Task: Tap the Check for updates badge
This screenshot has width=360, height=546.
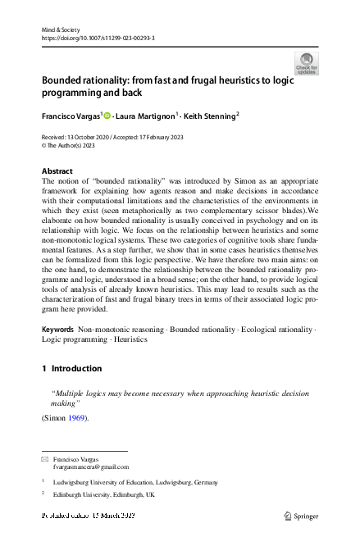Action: coord(305,64)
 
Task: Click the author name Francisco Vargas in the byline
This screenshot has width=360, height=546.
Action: coord(71,116)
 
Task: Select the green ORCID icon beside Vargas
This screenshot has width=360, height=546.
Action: coord(107,116)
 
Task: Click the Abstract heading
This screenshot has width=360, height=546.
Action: coord(57,171)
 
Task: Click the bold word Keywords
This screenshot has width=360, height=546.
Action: coord(57,329)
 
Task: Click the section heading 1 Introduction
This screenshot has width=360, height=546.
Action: coord(71,369)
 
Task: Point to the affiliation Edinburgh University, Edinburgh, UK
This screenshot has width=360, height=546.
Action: coord(103,495)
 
